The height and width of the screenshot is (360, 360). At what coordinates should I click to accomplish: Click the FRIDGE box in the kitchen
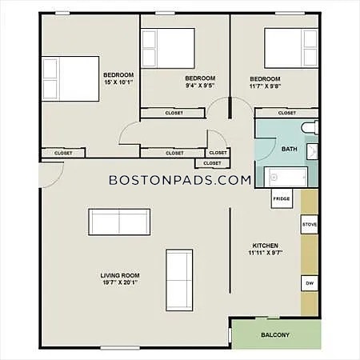point(282,198)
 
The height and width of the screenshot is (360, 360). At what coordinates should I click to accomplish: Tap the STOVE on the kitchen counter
point(310,225)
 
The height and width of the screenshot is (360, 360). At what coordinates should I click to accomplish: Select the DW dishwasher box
point(310,283)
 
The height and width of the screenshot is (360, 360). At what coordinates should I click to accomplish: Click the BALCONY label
point(275,335)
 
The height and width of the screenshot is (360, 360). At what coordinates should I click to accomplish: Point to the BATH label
point(290,149)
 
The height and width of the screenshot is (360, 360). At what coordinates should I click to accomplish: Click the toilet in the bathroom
point(310,127)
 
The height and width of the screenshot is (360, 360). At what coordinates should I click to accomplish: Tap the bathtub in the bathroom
point(286,177)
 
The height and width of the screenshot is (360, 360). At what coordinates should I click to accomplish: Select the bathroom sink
point(312,151)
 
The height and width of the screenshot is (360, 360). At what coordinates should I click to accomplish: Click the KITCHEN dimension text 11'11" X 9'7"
point(266,253)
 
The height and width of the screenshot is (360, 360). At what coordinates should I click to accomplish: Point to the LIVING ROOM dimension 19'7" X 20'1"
point(120,282)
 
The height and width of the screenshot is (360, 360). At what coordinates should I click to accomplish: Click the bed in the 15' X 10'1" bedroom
point(70,78)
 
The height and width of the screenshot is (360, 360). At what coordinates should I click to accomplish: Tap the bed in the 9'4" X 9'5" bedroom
point(168,48)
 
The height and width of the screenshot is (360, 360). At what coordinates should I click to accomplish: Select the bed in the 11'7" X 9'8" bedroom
point(291,48)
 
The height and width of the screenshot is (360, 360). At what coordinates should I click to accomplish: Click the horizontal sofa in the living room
point(119,222)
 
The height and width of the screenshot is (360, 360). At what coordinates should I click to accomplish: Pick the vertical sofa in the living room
point(179,280)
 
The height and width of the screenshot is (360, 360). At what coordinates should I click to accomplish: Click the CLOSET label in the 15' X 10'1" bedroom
point(63,154)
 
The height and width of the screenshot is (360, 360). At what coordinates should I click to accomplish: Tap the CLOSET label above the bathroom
point(287,113)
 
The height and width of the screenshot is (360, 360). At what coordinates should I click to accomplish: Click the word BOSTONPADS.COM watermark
point(180,180)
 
